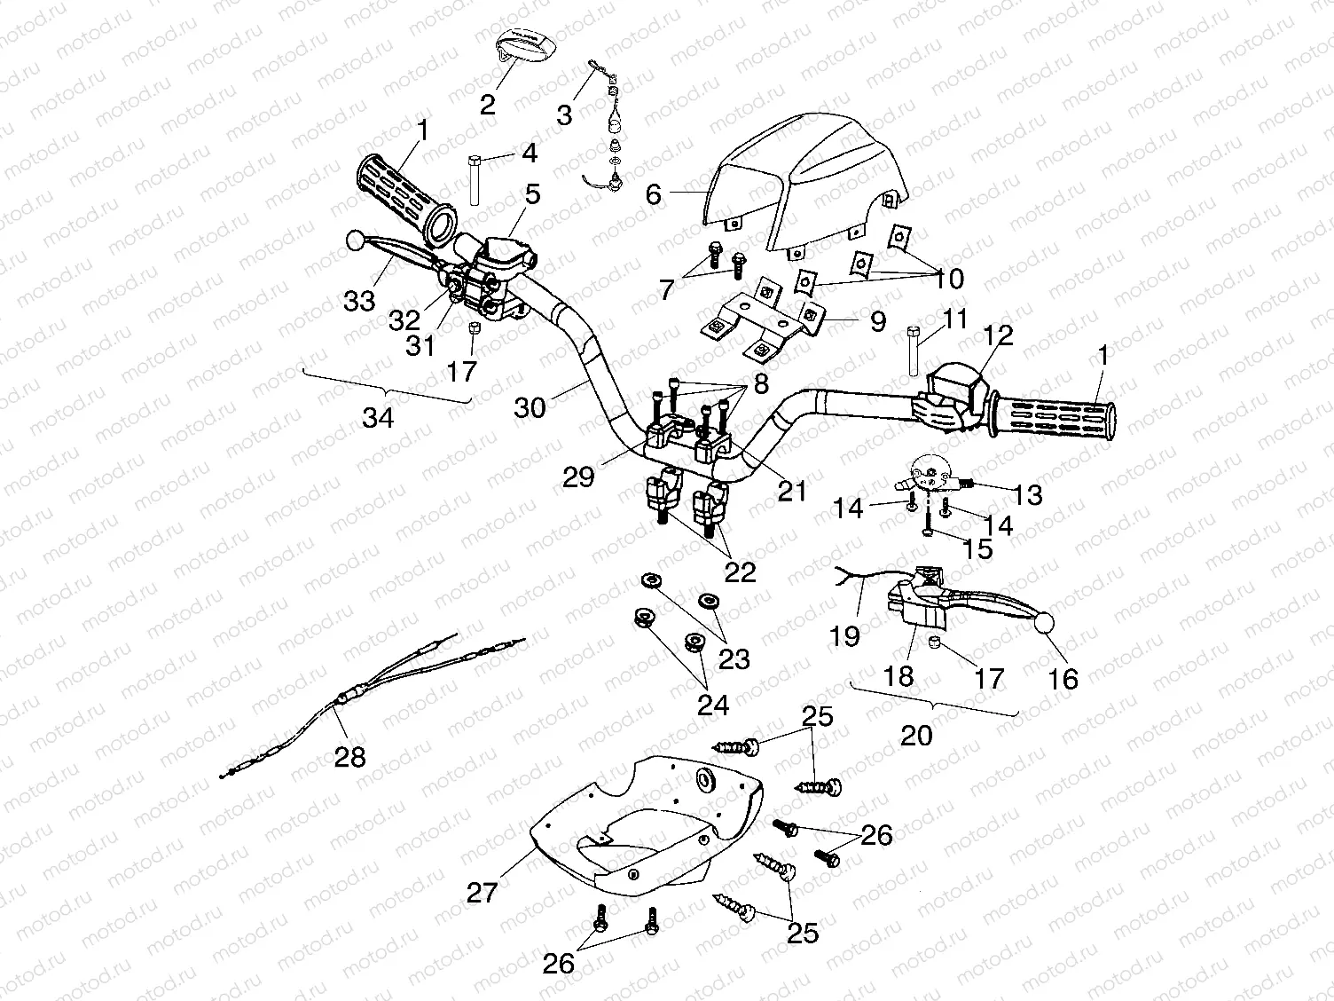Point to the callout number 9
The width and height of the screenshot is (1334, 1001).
[x=877, y=320]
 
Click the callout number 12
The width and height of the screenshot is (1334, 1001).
[x=997, y=335]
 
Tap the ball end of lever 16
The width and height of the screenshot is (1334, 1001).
[x=1043, y=623]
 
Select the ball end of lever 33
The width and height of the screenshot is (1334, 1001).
[x=355, y=240]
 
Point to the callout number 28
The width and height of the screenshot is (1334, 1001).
[x=349, y=756]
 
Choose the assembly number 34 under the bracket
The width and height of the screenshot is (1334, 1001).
[x=378, y=417]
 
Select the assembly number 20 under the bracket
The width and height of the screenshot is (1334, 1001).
[x=916, y=735]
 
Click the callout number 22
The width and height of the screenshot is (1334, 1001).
[x=740, y=571]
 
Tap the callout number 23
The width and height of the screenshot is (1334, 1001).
[x=734, y=658]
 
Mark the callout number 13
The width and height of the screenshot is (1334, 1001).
[x=1027, y=494]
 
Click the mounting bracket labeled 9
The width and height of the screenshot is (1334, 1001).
[x=763, y=324]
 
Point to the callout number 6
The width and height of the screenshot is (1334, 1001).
[x=654, y=193]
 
